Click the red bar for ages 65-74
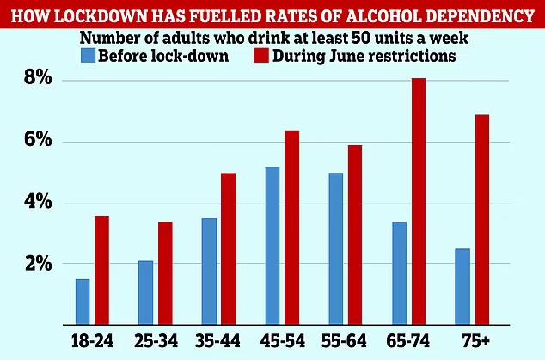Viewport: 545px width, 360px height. [419, 202]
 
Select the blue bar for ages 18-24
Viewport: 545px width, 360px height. [83, 302]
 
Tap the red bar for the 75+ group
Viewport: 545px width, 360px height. [482, 220]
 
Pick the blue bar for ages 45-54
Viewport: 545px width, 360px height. [272, 246]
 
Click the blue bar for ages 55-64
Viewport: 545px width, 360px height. [336, 248]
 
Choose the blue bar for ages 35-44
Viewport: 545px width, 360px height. [209, 272]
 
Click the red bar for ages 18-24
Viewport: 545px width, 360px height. [101, 270]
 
